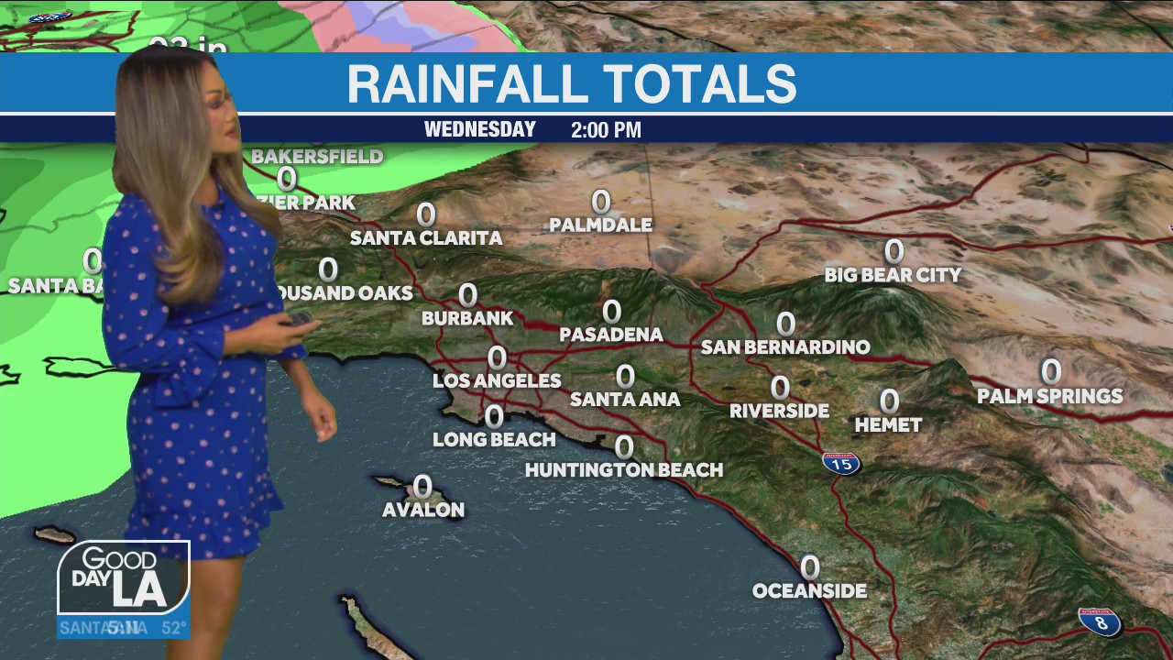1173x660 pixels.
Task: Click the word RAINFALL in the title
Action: [466, 84]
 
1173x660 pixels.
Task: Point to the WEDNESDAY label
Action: [479, 130]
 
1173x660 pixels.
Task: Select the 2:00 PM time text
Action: [606, 130]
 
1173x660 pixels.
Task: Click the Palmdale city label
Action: [601, 225]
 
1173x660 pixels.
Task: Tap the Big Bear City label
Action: [893, 275]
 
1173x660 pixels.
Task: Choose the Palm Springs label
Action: [1049, 396]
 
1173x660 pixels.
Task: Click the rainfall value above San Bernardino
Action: [785, 324]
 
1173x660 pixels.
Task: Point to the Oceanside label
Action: [809, 591]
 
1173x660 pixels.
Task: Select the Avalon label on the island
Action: [423, 510]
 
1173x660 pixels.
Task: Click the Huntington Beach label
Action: [624, 470]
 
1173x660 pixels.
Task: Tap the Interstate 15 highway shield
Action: [840, 463]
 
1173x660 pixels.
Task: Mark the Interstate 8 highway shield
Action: [1100, 622]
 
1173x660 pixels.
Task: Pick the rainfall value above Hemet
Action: [889, 401]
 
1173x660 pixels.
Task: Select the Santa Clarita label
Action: [426, 238]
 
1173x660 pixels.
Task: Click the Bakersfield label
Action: [317, 157]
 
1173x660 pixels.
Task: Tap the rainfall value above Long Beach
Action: [494, 417]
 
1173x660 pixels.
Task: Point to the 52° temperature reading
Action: [174, 629]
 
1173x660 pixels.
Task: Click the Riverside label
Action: [779, 412]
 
